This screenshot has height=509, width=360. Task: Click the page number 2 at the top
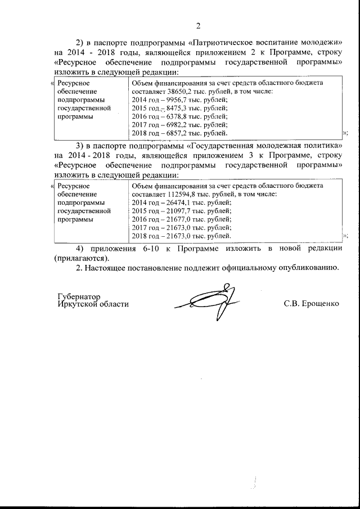coord(198,25)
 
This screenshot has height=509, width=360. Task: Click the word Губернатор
coord(78,296)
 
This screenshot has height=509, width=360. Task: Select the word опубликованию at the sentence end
coord(309,268)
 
